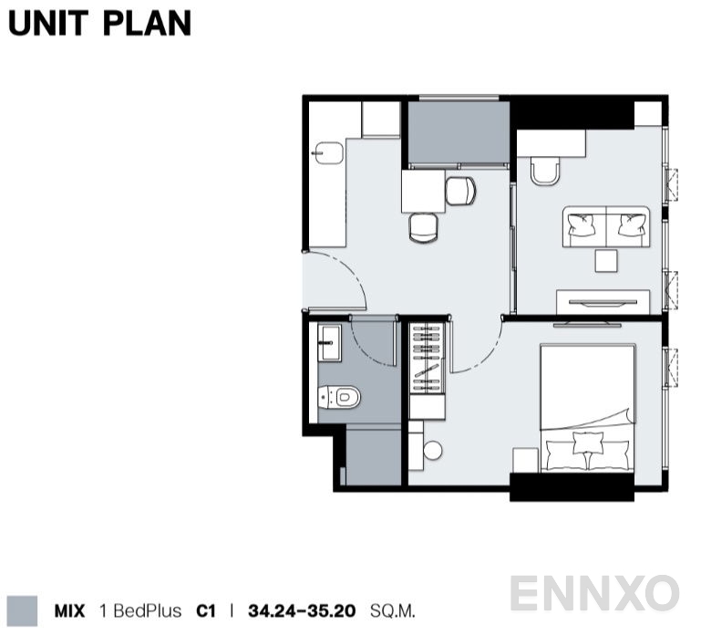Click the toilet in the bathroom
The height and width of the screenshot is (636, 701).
point(339,397)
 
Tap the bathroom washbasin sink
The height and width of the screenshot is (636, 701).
point(329,343)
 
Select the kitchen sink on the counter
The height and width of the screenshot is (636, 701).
point(329,153)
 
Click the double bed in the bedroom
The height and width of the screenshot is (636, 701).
point(587,407)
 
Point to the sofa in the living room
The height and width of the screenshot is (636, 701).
point(606,226)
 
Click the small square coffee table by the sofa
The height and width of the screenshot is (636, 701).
point(606,261)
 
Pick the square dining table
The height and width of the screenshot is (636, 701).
point(423,191)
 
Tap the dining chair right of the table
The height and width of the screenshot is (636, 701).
point(460,191)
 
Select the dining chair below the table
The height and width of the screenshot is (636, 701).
point(423,228)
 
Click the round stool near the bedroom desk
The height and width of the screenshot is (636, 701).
point(432,450)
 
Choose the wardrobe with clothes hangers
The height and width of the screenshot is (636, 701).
point(427,358)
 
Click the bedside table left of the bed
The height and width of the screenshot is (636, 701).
point(525,460)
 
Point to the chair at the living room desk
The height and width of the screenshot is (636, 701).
point(545,171)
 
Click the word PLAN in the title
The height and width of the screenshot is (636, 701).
point(147,24)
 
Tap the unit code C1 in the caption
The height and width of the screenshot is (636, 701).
point(206,611)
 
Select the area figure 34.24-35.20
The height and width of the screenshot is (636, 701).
point(302,611)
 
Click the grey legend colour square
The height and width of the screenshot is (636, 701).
point(23,611)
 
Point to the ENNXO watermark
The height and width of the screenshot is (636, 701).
point(594,593)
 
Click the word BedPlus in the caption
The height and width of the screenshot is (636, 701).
point(147,611)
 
